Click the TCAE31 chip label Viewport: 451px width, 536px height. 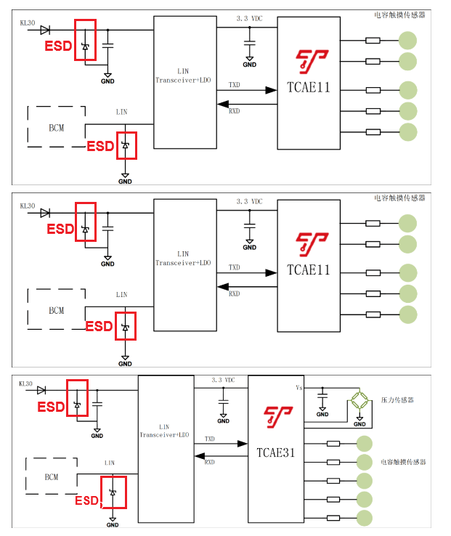click(x=277, y=451)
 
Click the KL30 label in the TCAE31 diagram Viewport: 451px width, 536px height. click(x=25, y=383)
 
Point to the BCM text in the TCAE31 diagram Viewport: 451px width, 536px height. click(x=51, y=477)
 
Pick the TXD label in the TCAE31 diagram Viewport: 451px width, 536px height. click(x=209, y=439)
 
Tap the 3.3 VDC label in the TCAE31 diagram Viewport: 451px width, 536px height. click(x=223, y=380)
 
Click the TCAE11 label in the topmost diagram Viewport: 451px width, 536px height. click(x=308, y=88)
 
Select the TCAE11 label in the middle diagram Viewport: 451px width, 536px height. click(x=308, y=270)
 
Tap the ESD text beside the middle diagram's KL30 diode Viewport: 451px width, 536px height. click(x=60, y=229)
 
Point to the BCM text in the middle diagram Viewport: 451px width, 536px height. click(x=56, y=310)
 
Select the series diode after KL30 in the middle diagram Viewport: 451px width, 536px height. click(x=45, y=213)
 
